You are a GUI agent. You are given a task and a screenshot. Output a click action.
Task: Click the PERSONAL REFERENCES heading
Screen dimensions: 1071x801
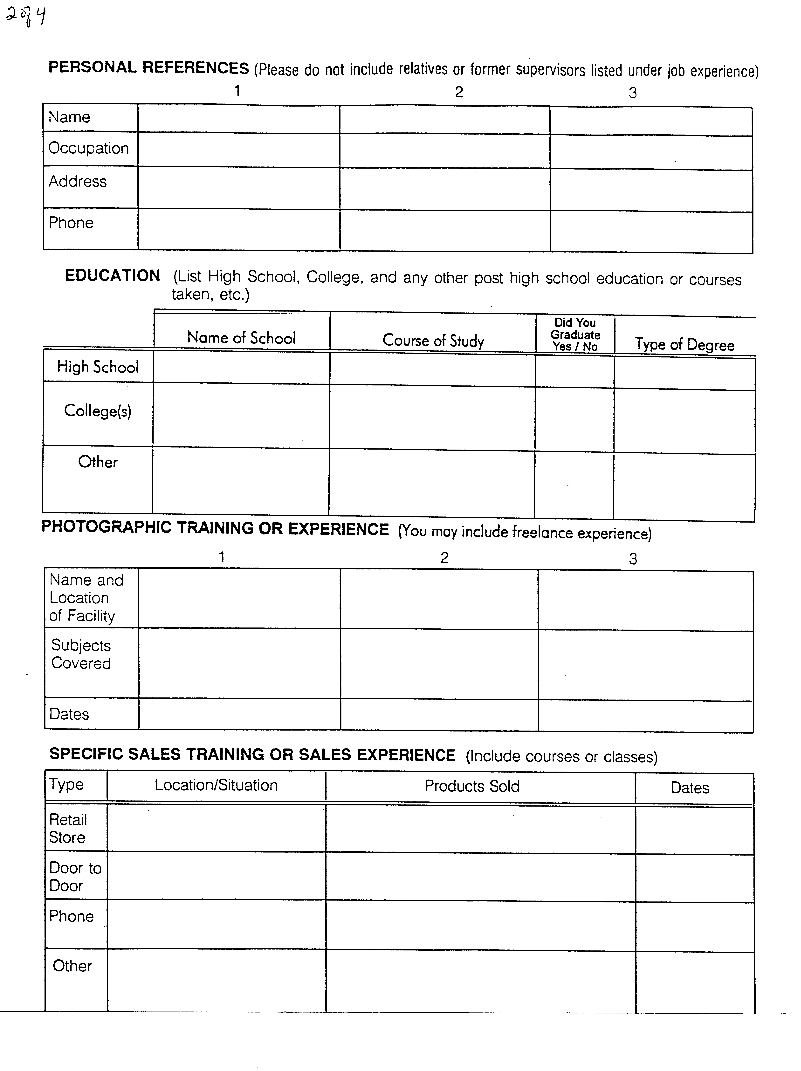pos(149,68)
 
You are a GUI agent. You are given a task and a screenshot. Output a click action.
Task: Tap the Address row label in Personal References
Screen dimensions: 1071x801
pos(77,181)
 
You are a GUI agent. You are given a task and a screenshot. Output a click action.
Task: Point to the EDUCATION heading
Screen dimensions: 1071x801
pos(112,275)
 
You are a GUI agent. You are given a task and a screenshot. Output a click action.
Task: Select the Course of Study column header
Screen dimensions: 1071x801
pos(433,340)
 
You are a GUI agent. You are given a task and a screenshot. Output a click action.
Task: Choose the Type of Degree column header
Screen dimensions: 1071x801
pos(684,344)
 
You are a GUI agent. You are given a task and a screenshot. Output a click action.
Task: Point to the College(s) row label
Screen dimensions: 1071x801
pos(98,411)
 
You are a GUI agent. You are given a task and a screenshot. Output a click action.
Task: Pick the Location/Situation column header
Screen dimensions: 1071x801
pos(216,785)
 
